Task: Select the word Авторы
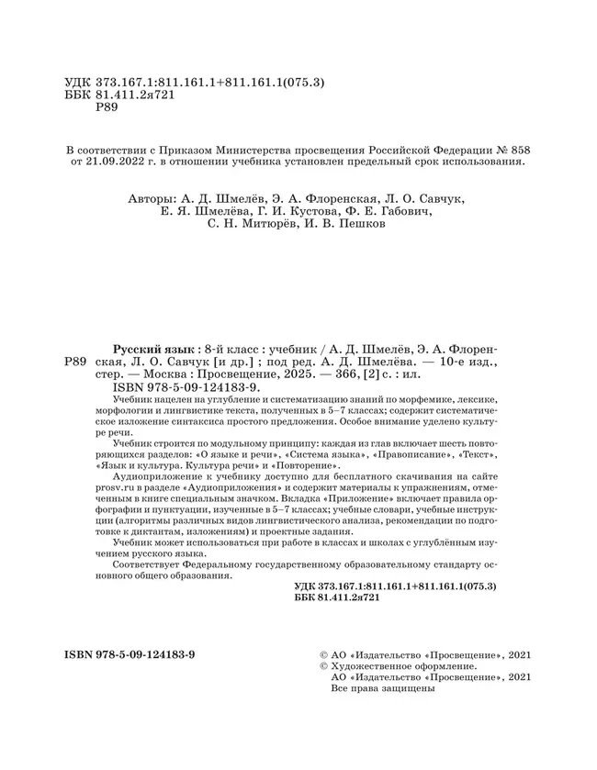pos(148,196)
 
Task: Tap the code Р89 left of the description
pos(77,363)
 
